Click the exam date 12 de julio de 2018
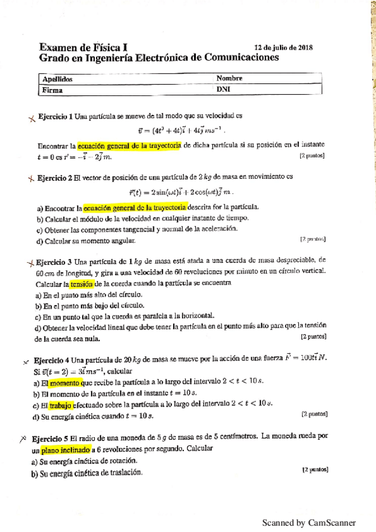point(284,47)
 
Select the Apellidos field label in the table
point(57,79)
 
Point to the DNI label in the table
point(223,90)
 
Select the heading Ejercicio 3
point(55,261)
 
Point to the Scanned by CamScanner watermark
point(308,522)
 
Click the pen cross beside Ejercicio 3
point(30,262)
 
